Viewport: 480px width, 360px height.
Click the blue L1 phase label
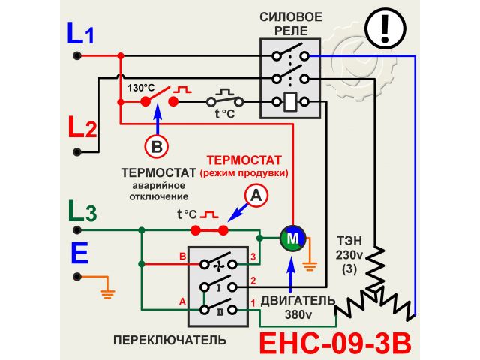[x=80, y=34]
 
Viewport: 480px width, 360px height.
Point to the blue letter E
[x=79, y=253]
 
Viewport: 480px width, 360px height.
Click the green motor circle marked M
[x=293, y=238]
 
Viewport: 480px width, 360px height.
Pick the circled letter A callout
[x=256, y=196]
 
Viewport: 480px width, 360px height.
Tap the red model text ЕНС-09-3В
[x=335, y=342]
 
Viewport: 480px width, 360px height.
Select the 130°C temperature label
[x=141, y=87]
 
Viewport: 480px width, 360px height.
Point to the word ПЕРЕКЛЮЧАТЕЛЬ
[x=169, y=340]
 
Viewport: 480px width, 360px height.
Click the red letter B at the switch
[x=181, y=256]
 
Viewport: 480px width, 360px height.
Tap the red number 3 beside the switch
[x=253, y=257]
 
